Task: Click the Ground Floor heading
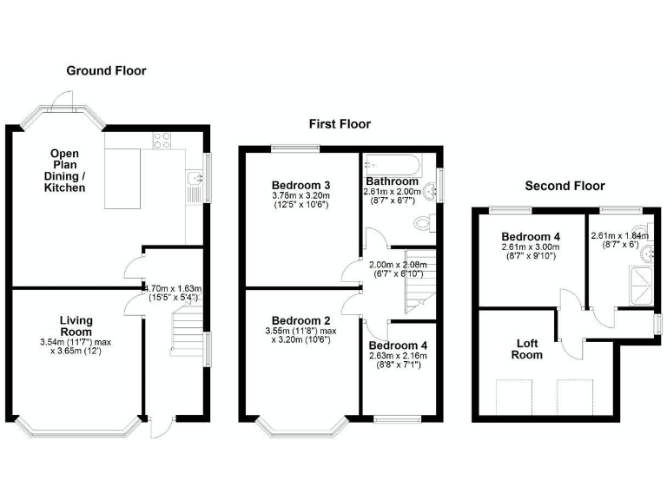tap(108, 71)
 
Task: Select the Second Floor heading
tap(565, 186)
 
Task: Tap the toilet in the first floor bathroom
tap(423, 224)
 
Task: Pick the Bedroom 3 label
tap(300, 185)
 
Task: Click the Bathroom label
tap(393, 181)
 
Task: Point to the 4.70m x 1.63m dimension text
tap(174, 292)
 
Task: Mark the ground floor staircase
tap(186, 330)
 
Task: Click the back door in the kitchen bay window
tap(60, 102)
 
